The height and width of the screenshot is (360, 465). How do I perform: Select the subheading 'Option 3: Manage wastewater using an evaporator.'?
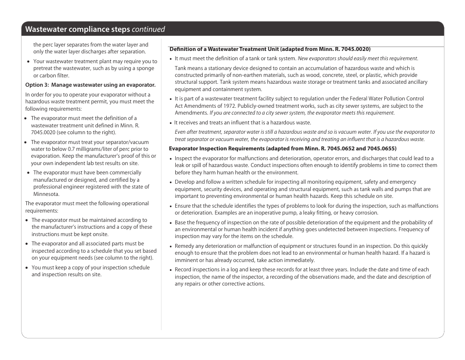click(90, 85)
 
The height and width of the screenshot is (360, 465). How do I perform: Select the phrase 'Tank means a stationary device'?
click(211, 69)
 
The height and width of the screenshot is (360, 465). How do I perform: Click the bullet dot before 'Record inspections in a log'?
click(171, 270)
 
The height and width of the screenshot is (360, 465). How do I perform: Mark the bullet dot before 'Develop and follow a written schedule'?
click(171, 182)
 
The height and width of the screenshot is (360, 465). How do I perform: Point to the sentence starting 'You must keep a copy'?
click(91, 267)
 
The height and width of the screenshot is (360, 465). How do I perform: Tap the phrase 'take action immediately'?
click(287, 260)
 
